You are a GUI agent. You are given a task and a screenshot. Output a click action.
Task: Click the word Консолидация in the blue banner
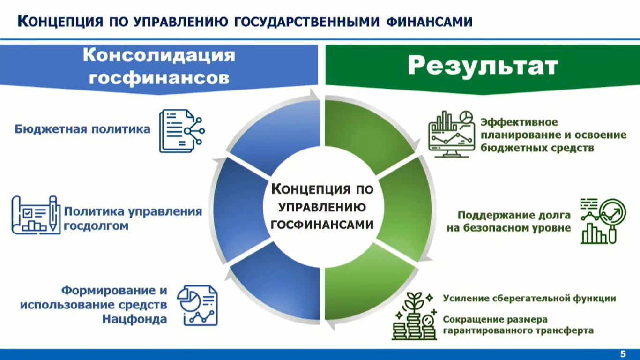pyautogui.click(x=159, y=55)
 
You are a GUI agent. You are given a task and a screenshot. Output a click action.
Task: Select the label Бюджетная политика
pyautogui.click(x=82, y=129)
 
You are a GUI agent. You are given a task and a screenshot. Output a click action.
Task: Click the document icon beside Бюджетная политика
pyautogui.click(x=182, y=131)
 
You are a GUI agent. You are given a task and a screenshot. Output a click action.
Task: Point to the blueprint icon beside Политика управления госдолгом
pyautogui.click(x=36, y=215)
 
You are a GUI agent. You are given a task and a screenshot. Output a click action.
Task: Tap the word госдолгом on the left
pyautogui.click(x=96, y=226)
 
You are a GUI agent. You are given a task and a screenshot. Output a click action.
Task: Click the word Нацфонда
pyautogui.click(x=134, y=319)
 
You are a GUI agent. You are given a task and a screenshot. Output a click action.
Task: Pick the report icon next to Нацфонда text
pyautogui.click(x=197, y=305)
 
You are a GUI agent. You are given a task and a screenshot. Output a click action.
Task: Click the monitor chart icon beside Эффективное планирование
pyautogui.click(x=452, y=134)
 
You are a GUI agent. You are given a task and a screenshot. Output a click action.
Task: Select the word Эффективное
pyautogui.click(x=519, y=122)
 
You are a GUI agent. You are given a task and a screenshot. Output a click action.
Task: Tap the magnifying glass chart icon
pyautogui.click(x=603, y=221)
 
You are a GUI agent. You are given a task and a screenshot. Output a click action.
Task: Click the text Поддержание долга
pyautogui.click(x=514, y=215)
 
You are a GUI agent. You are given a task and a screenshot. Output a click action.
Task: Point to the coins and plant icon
pyautogui.click(x=414, y=316)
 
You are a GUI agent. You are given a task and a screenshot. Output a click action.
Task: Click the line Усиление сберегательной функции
pyautogui.click(x=529, y=299)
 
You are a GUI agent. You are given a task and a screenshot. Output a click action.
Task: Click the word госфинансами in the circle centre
pyautogui.click(x=322, y=225)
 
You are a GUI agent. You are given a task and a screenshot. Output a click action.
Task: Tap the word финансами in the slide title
pyautogui.click(x=429, y=22)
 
